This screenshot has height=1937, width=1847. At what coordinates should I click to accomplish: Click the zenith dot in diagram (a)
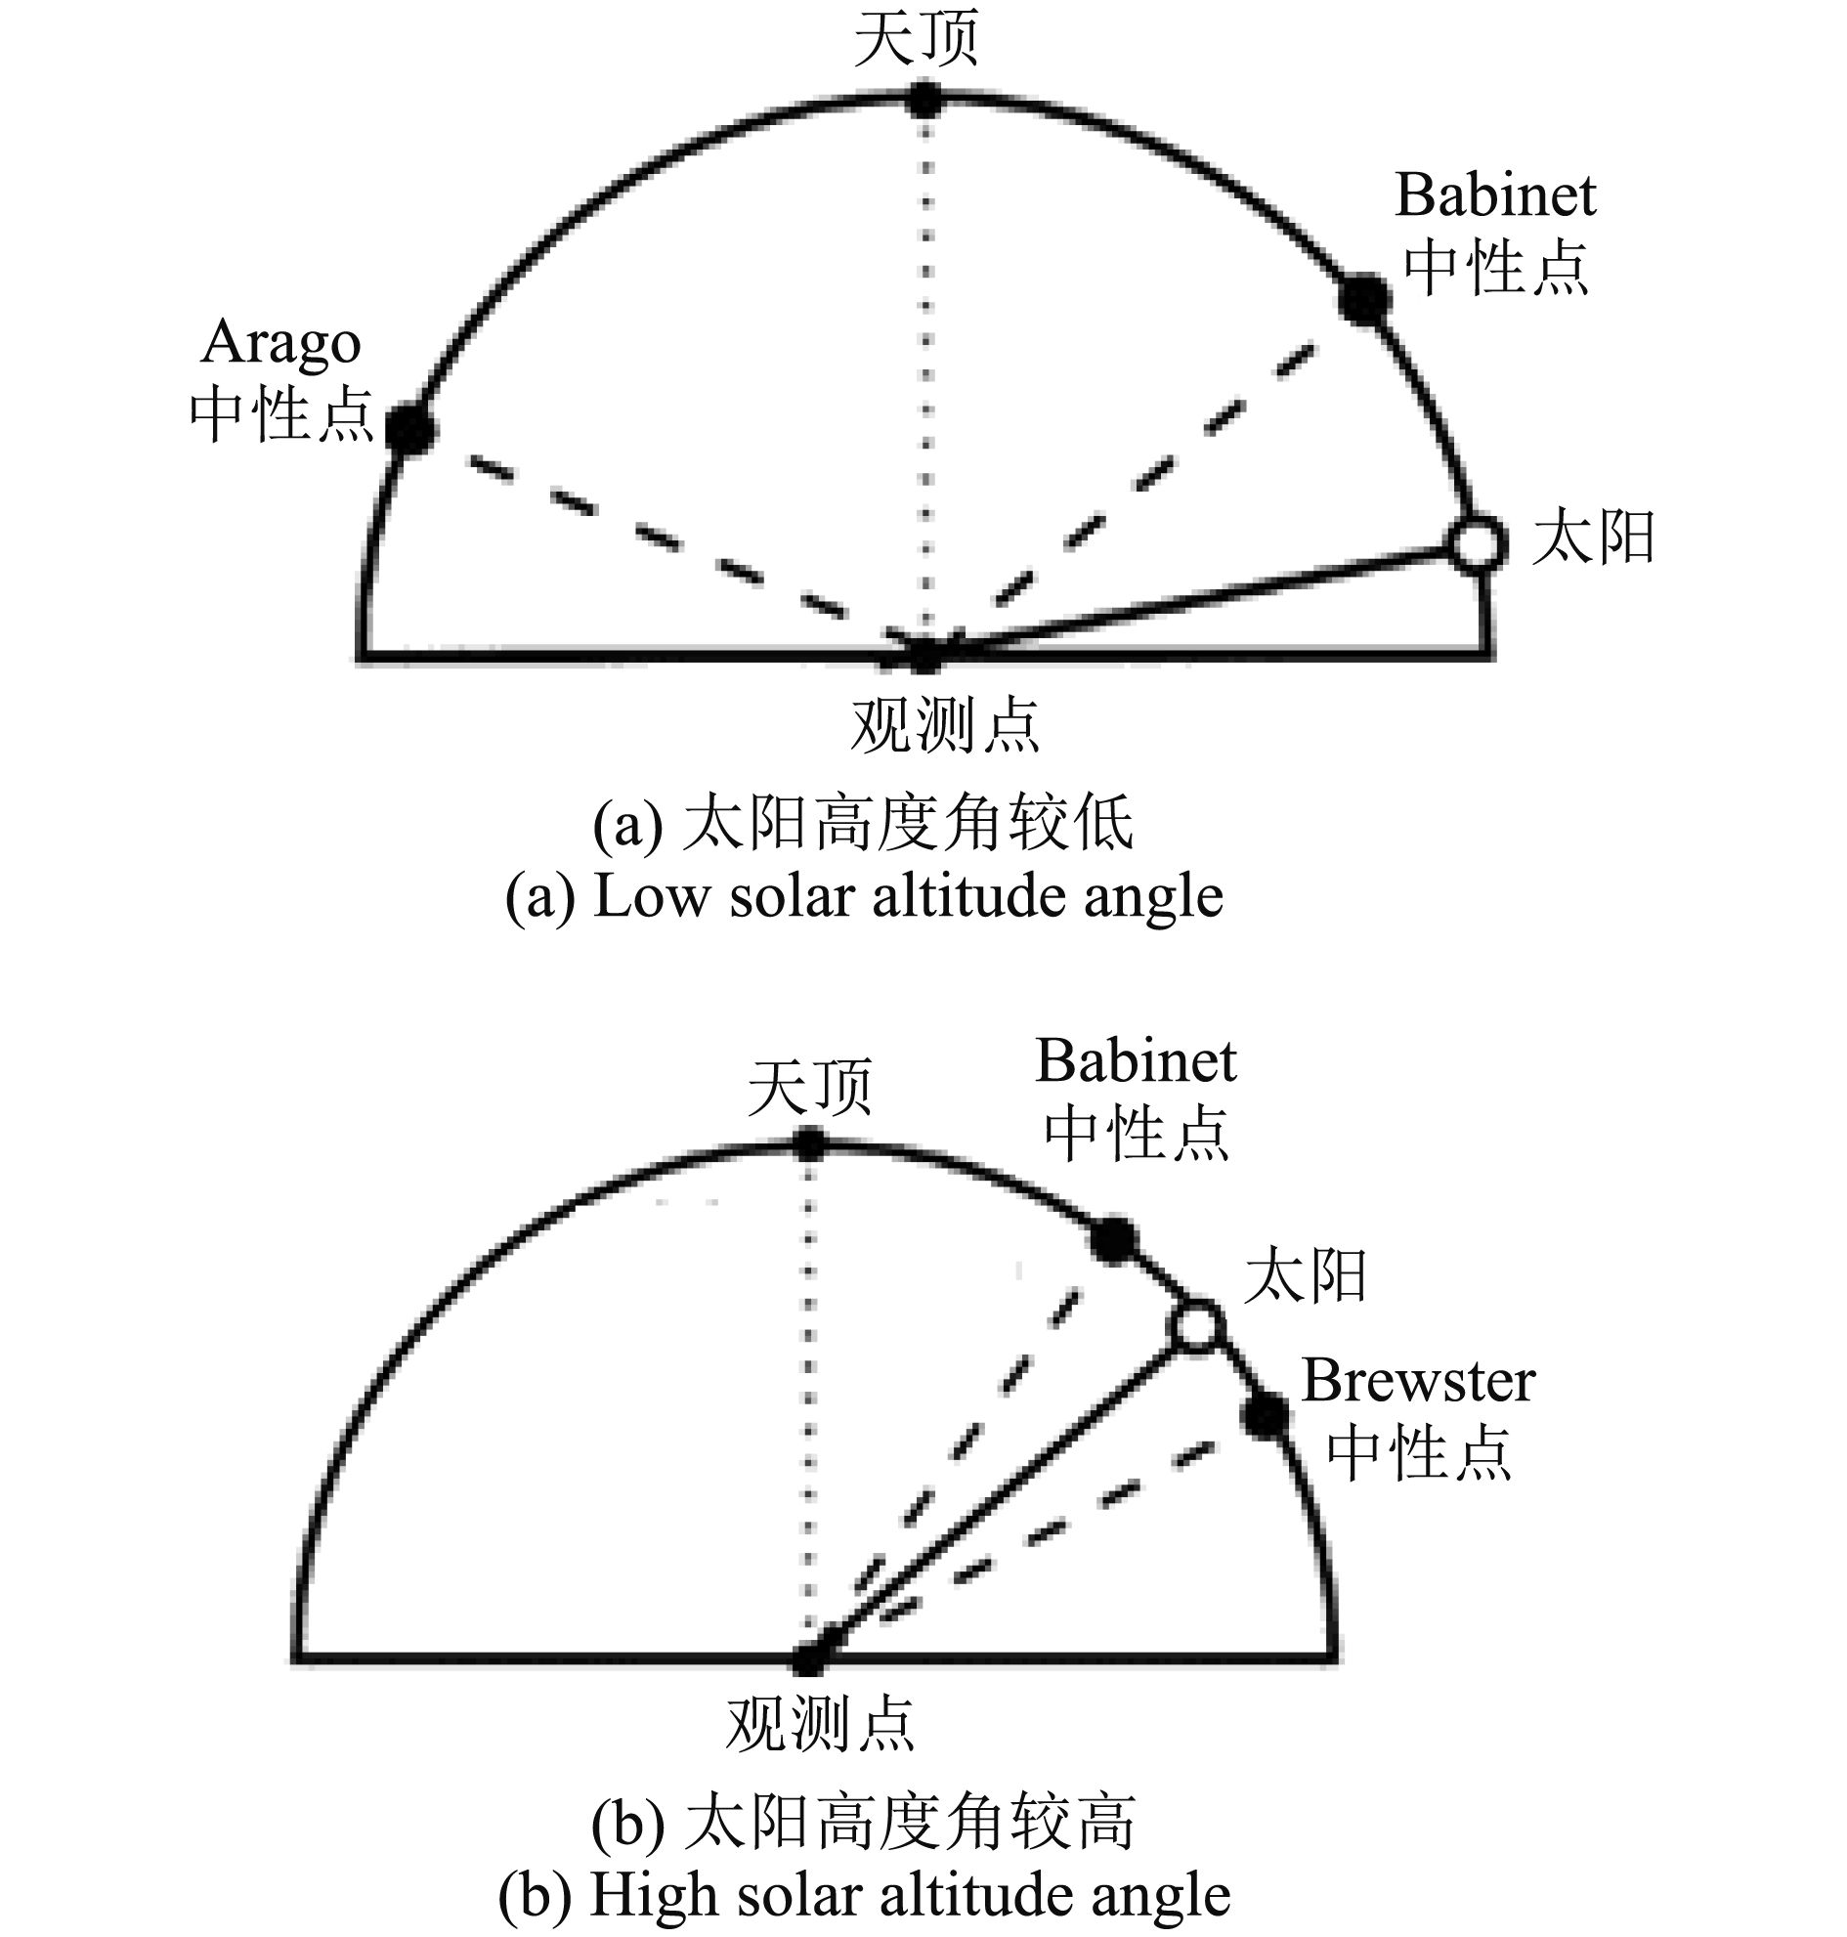point(923,100)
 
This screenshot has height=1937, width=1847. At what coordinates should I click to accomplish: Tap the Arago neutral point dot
point(409,428)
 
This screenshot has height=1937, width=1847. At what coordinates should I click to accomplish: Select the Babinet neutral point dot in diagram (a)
point(1364,299)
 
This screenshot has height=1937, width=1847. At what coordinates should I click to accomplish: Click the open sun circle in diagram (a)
point(1476,543)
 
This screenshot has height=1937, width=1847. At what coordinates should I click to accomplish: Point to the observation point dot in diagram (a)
point(923,654)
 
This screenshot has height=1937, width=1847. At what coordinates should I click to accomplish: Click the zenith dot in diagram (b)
point(809,1144)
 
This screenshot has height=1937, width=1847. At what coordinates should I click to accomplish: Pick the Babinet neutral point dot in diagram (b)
point(1113,1239)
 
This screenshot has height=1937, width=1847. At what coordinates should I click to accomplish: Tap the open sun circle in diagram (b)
point(1196,1325)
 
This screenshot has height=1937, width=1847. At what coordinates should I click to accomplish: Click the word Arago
point(280,344)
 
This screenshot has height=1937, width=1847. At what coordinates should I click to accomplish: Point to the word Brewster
point(1418,1381)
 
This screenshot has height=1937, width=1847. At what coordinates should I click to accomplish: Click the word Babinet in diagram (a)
point(1494,195)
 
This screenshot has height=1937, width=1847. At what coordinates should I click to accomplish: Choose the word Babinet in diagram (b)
point(1136,1061)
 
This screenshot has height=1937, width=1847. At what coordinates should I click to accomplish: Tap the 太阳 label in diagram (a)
point(1592,538)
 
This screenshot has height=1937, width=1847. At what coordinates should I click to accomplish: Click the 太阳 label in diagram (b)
point(1305,1276)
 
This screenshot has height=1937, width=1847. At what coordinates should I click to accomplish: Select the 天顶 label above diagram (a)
point(916,39)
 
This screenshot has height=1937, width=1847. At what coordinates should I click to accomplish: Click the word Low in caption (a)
point(650,897)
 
